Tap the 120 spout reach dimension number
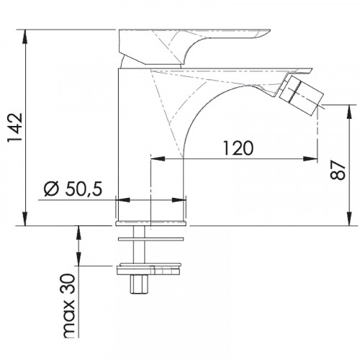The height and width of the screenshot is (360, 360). pos(238,148)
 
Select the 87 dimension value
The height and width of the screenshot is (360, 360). pos(338,170)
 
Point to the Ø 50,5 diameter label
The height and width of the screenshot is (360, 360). pos(73,189)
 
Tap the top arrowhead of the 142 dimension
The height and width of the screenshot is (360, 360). pos(25,37)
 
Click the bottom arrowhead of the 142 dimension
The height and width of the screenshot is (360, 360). pos(25,219)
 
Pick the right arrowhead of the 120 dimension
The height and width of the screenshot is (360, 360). pos(310,158)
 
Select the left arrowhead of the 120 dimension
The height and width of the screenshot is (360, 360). pos(158,158)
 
